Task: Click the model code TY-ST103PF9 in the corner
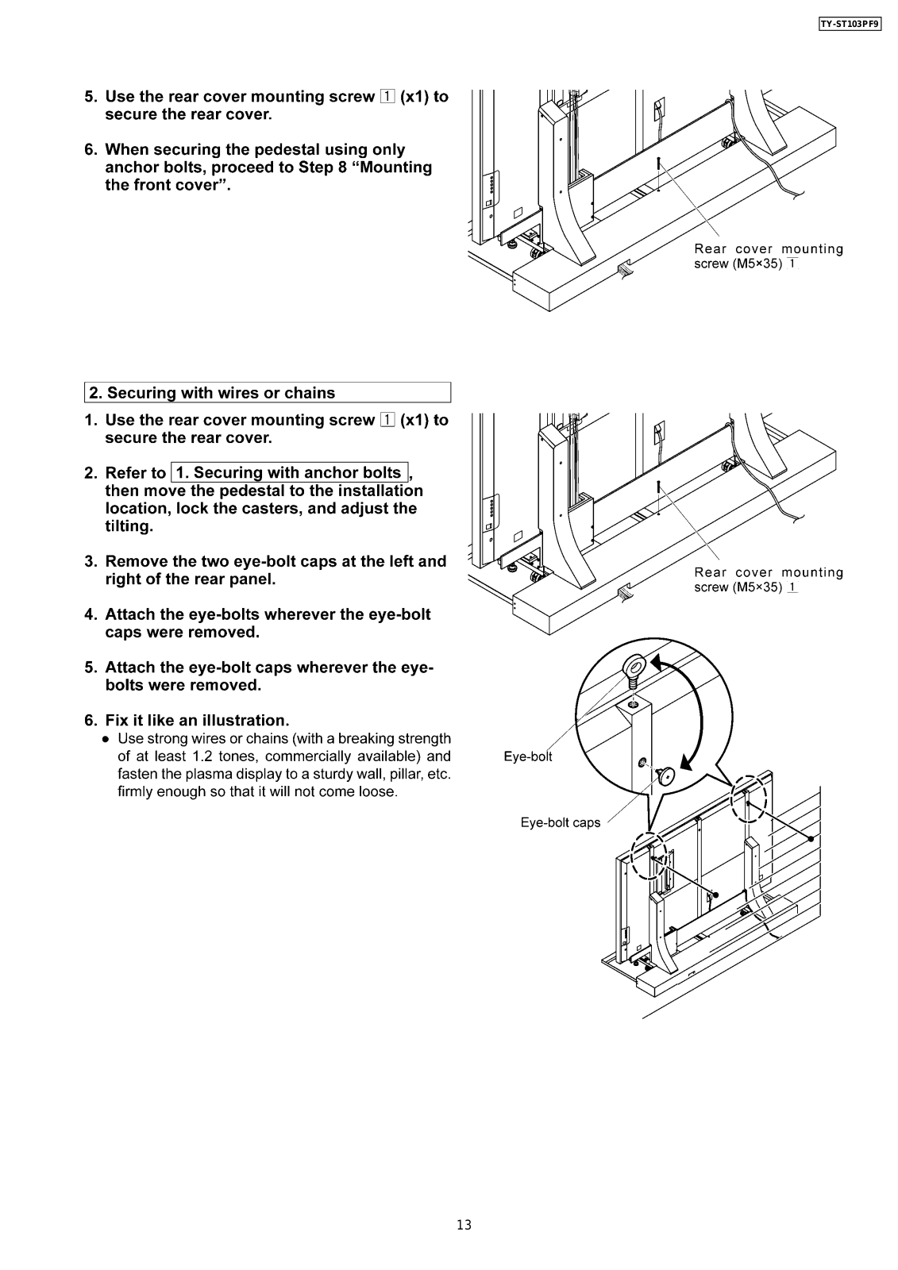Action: point(849,24)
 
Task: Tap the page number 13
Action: point(464,1225)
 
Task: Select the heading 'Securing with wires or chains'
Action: point(221,393)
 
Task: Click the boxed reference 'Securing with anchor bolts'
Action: point(288,473)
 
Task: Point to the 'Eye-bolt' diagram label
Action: point(528,756)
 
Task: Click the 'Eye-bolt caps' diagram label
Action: point(561,823)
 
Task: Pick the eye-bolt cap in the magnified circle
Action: point(666,775)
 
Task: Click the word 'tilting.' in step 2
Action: point(129,526)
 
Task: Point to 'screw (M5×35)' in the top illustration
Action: point(738,264)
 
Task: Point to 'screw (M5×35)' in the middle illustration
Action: point(738,587)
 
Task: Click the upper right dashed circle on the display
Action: point(748,798)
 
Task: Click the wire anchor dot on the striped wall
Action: point(810,838)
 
